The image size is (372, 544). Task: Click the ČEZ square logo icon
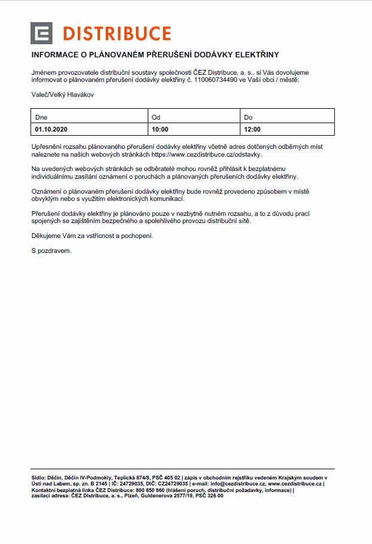coord(42,33)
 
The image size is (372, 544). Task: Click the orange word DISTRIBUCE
coord(116,33)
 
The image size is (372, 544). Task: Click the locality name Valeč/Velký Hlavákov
coord(63,94)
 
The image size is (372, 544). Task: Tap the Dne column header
coord(41,117)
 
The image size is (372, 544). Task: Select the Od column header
coord(156,117)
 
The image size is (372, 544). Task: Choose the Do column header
coord(248,117)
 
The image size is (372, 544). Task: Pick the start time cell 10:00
coord(160,129)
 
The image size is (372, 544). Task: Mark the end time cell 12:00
coord(252,129)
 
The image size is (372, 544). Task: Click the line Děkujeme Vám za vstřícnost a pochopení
coord(92,236)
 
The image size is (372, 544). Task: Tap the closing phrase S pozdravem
coord(51,250)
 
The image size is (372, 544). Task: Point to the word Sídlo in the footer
coord(38,478)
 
